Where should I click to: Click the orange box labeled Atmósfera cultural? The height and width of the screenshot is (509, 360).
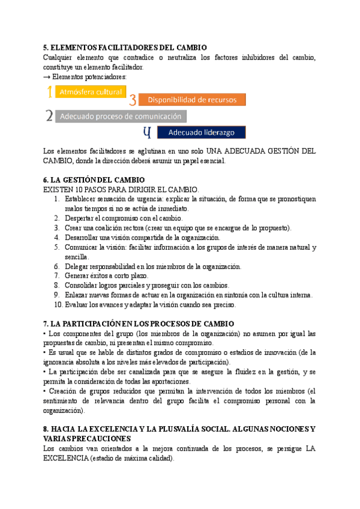[90, 92]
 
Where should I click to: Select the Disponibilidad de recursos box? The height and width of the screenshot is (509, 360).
[192, 100]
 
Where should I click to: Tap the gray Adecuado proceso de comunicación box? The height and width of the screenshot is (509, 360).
[121, 116]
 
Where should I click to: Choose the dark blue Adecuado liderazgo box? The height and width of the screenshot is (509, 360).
[201, 132]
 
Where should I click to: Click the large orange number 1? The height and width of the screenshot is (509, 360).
[49, 92]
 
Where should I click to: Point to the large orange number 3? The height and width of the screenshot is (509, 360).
[133, 101]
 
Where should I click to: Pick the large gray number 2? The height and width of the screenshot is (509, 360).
[49, 116]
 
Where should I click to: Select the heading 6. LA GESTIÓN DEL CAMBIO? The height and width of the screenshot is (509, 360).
[94, 180]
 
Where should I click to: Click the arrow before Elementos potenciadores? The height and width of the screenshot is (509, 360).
[47, 77]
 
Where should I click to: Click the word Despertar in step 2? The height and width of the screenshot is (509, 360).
[80, 218]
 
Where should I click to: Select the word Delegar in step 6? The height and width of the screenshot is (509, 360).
[78, 267]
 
